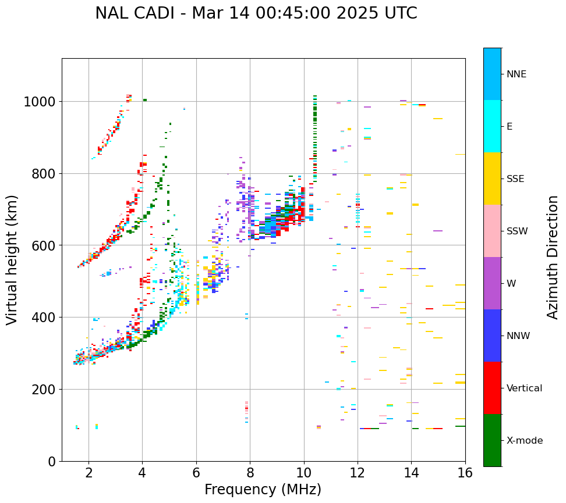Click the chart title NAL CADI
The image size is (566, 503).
click(x=256, y=13)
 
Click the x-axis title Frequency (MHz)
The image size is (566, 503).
click(x=263, y=490)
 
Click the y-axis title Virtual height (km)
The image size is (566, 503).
click(x=13, y=260)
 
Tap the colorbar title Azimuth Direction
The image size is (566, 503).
click(x=553, y=257)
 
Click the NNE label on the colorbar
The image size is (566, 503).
click(x=517, y=74)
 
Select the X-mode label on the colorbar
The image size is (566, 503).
click(x=525, y=440)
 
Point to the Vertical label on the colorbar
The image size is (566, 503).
click(x=525, y=388)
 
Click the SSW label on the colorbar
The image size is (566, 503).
click(x=517, y=231)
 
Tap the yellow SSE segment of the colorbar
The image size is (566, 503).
click(x=492, y=179)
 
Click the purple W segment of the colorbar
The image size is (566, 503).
click(x=492, y=283)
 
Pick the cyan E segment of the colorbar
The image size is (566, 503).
click(x=492, y=126)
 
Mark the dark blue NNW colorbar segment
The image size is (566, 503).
click(x=492, y=336)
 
